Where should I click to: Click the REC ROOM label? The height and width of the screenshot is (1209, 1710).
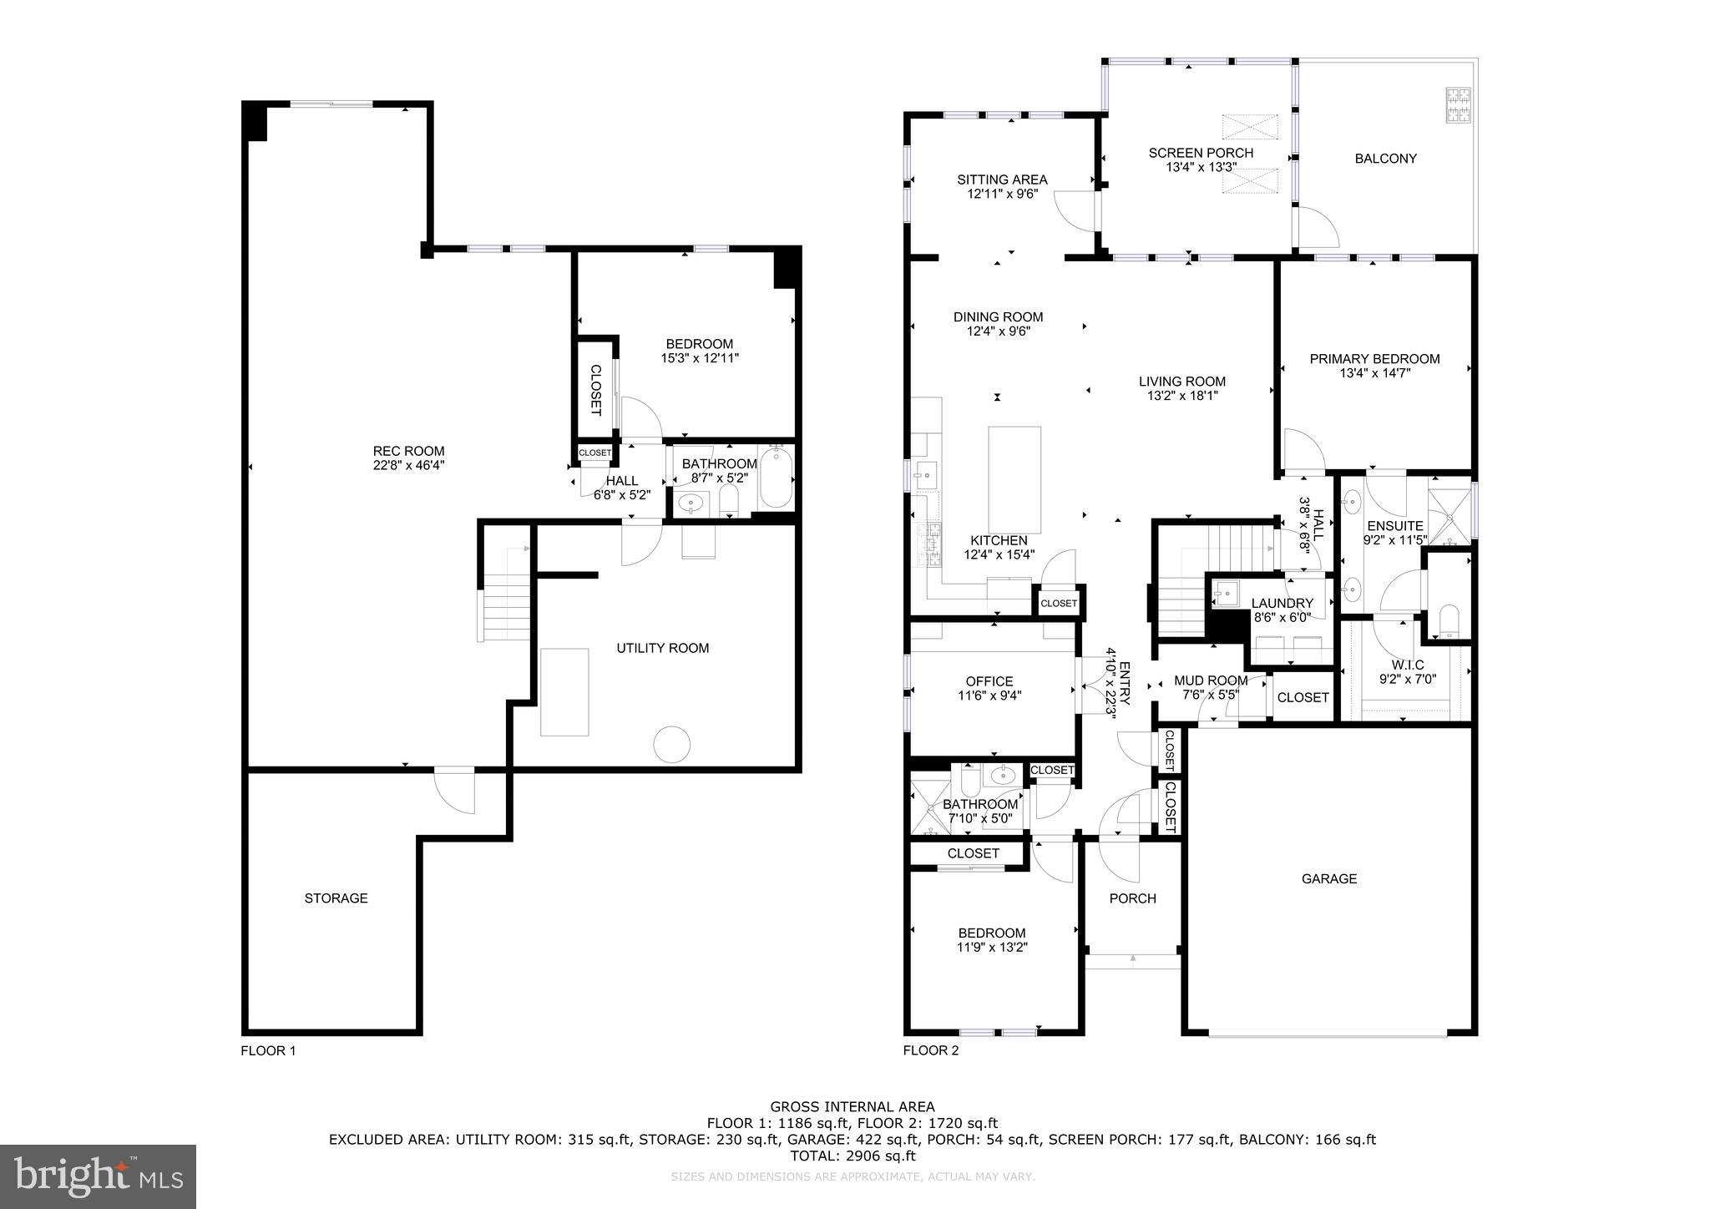[x=408, y=452]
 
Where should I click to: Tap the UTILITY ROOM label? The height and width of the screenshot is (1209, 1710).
[x=662, y=648]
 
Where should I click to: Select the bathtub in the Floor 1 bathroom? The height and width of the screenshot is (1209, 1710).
[x=776, y=478]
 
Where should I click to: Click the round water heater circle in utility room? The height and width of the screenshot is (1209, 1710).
[x=671, y=744]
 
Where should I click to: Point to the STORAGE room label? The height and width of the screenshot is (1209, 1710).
[x=336, y=898]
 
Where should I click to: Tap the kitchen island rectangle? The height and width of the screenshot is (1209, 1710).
[x=1014, y=479]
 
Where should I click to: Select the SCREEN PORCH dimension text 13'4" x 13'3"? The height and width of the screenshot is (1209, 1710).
[x=1201, y=167]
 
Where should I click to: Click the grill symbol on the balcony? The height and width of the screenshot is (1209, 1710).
[x=1459, y=105]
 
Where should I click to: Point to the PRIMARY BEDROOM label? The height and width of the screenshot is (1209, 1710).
[x=1374, y=359]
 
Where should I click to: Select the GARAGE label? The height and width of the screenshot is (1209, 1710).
[x=1329, y=878]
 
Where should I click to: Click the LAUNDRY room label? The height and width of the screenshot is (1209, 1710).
[x=1282, y=603]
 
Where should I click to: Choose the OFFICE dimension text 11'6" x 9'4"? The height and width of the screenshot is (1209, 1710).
[x=989, y=696]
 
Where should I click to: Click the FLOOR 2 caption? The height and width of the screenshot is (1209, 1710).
[x=931, y=1050]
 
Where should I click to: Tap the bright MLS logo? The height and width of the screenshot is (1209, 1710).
[x=98, y=1176]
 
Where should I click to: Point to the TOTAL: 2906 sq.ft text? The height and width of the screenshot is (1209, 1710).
[x=852, y=1156]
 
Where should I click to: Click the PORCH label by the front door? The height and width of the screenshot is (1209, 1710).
[x=1132, y=898]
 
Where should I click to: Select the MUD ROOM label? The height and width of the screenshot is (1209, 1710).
[x=1210, y=680]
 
